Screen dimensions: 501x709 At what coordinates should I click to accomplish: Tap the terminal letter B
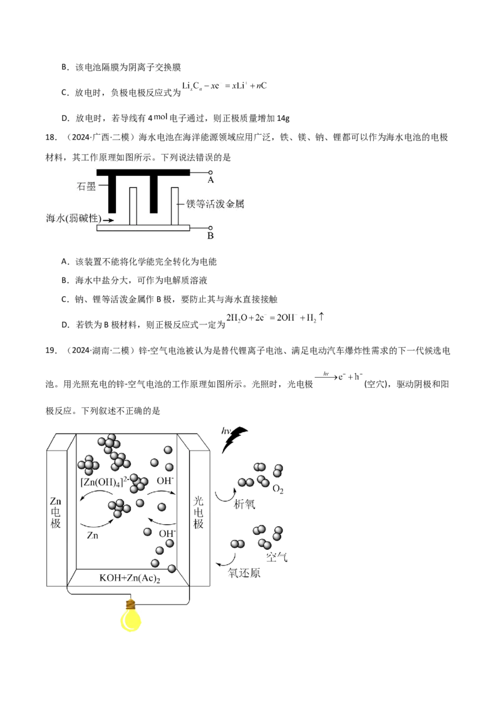point(210,236)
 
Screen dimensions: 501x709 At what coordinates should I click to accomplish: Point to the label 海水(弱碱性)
point(73,219)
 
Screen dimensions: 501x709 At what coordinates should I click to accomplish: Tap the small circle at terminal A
point(210,171)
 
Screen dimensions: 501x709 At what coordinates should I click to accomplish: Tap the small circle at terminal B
point(210,228)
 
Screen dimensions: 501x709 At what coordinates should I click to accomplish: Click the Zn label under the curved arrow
point(93,536)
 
